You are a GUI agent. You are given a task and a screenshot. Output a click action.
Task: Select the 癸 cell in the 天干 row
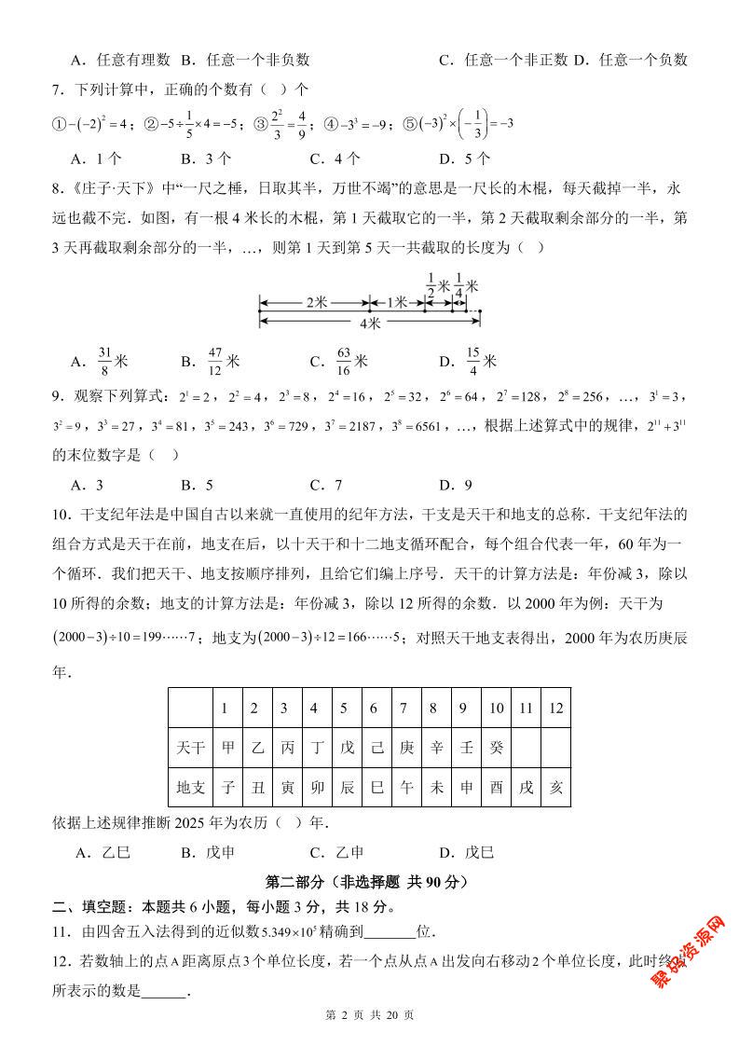coord(496,748)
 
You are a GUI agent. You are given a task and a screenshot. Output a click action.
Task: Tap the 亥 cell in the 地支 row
coord(555,787)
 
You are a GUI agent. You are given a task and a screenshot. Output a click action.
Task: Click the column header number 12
coord(555,709)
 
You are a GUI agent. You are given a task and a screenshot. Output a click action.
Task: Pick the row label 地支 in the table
coord(191,787)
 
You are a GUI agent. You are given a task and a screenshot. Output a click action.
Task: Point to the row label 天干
coord(191,748)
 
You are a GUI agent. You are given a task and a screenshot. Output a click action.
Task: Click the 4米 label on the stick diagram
coord(369,323)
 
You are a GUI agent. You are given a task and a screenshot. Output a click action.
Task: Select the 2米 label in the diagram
coord(315,303)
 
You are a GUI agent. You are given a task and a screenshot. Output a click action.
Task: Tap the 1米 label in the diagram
coord(397,303)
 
